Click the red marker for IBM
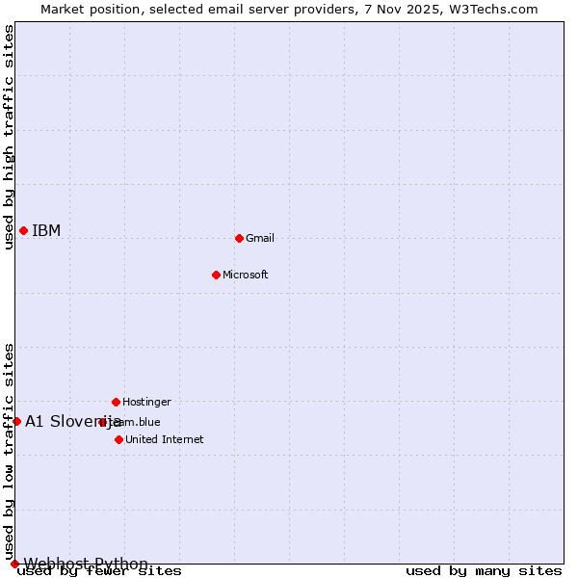pyautogui.click(x=23, y=230)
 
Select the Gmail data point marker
pyautogui.click(x=239, y=238)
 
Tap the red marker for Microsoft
pyautogui.click(x=216, y=275)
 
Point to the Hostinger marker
pyautogui.click(x=116, y=402)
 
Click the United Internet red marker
pyautogui.click(x=118, y=439)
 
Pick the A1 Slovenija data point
pyautogui.click(x=16, y=421)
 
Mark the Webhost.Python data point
pyautogui.click(x=14, y=564)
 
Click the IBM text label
pyautogui.click(x=46, y=230)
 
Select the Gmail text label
pyautogui.click(x=260, y=238)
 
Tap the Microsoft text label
pyautogui.click(x=245, y=275)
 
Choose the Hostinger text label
pyautogui.click(x=146, y=402)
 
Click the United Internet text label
pyautogui.click(x=164, y=439)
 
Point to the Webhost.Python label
pyautogui.click(x=86, y=564)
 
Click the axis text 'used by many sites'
pyautogui.click(x=484, y=571)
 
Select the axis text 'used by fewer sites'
pyautogui.click(x=99, y=571)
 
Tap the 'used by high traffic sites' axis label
pyautogui.click(x=9, y=137)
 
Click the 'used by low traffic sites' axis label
pyautogui.click(x=9, y=451)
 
